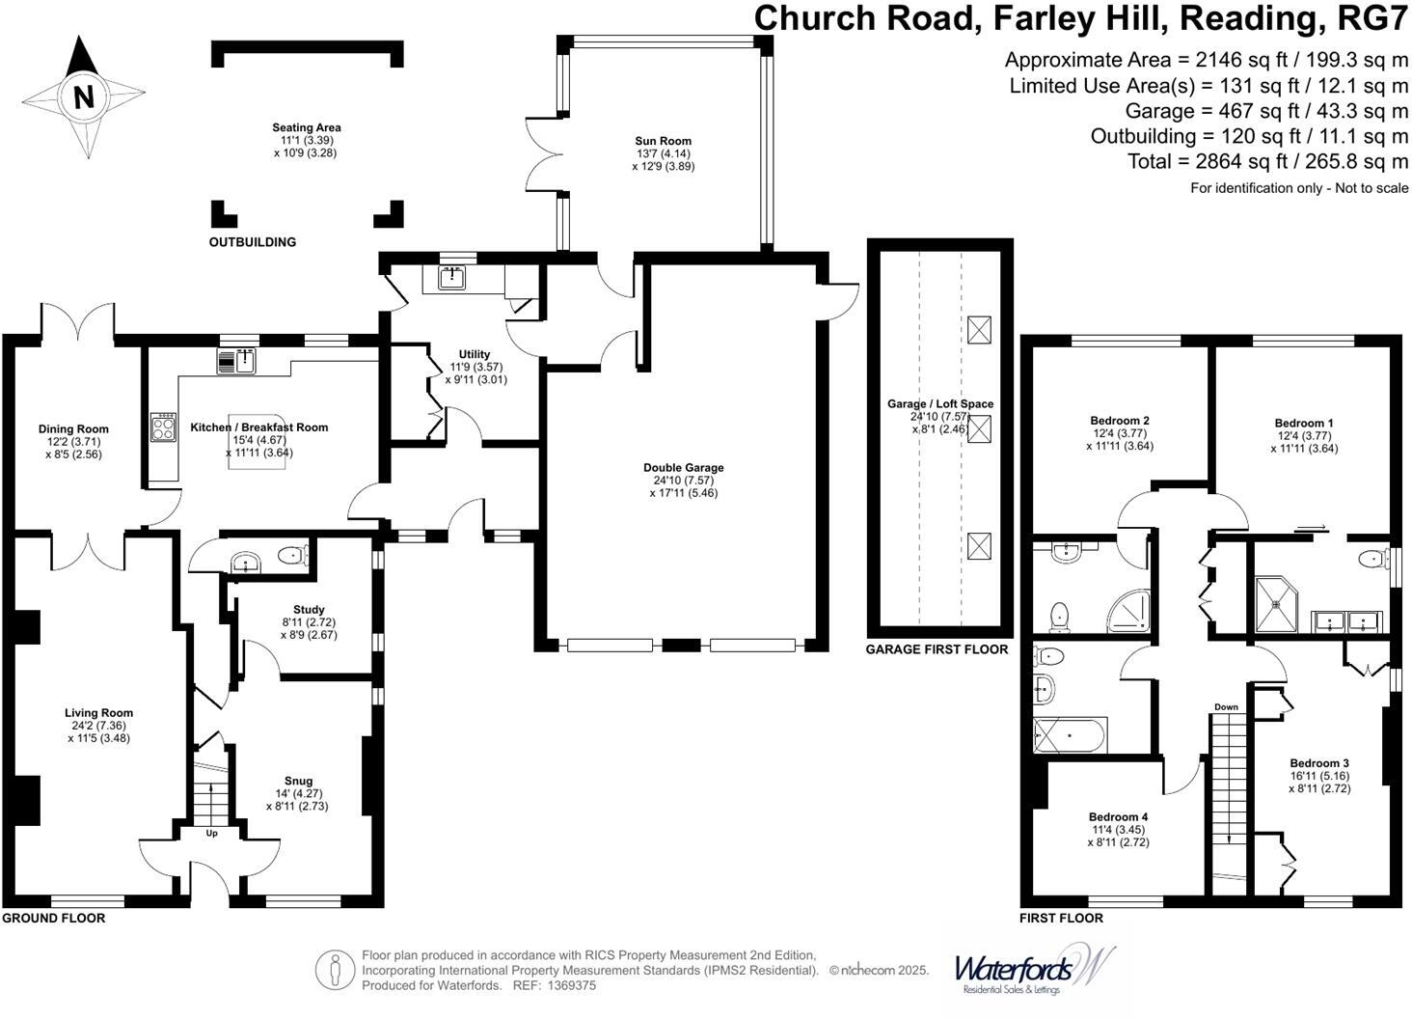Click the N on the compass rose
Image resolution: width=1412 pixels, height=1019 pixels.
click(x=84, y=97)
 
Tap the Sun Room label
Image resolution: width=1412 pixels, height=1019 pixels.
click(x=664, y=141)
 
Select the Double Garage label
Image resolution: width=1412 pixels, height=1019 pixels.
click(x=683, y=468)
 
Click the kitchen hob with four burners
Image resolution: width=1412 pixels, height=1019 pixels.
click(x=163, y=427)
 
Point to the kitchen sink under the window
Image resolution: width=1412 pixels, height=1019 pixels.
click(x=236, y=361)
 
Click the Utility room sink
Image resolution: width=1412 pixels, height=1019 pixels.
click(x=452, y=278)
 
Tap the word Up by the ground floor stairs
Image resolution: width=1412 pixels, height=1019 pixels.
click(x=212, y=833)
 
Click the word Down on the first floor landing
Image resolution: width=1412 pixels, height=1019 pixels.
click(x=1226, y=707)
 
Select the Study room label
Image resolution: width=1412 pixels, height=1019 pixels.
click(x=309, y=610)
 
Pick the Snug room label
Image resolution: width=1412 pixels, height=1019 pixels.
click(x=298, y=781)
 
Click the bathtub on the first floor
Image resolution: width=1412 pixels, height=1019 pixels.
click(x=1071, y=735)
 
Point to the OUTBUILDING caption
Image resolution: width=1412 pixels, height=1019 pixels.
click(x=252, y=242)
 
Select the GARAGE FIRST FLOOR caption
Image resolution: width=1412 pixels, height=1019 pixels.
click(x=937, y=649)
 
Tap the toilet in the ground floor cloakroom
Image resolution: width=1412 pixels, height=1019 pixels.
click(x=293, y=556)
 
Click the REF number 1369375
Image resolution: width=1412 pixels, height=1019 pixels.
click(x=571, y=985)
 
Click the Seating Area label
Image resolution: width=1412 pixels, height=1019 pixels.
click(x=307, y=128)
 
